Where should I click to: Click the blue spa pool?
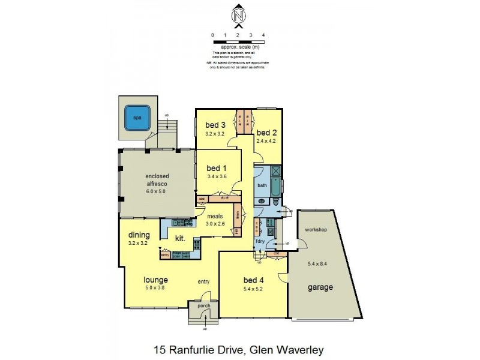[137, 118]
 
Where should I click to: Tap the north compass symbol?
[238, 16]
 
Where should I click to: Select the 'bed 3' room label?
[215, 125]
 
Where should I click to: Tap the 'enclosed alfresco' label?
[155, 180]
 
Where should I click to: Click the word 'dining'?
[139, 236]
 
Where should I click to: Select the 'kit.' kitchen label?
[179, 238]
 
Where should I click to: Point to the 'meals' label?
[215, 216]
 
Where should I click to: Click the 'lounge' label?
[155, 280]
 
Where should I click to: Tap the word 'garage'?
[321, 287]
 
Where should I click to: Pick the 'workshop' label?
[316, 230]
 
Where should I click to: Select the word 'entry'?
[203, 281]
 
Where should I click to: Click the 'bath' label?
[262, 185]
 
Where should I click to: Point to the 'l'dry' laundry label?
[260, 241]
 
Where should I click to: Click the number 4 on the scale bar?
[264, 35]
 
